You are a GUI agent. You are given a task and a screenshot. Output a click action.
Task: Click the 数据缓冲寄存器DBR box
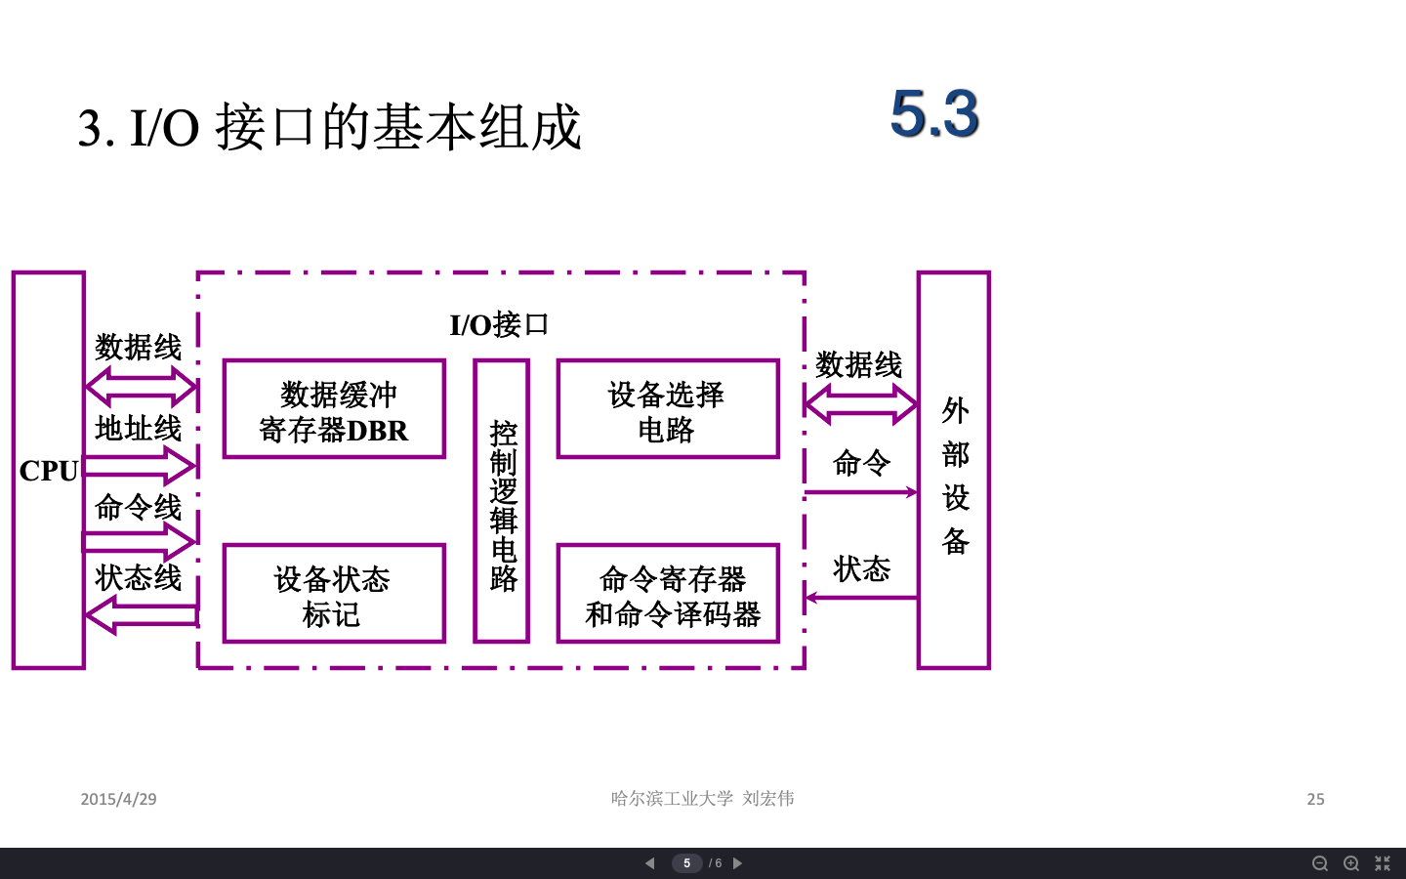coord(334,409)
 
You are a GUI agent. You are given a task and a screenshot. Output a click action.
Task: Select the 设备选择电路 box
coord(668,409)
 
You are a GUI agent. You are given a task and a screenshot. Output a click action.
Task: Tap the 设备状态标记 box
coord(334,594)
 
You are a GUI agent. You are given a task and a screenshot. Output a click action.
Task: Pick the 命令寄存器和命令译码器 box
coord(668,594)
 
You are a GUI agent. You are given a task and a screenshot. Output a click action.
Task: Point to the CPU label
coord(48,471)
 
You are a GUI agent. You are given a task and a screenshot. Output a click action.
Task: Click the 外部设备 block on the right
coord(954,471)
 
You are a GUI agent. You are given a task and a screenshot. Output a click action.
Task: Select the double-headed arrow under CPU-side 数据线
coord(141,387)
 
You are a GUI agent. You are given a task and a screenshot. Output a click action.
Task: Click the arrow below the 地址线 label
coord(141,466)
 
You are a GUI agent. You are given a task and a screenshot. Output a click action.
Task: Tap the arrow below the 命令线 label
coord(141,541)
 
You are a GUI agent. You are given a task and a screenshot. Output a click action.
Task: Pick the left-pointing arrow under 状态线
coord(141,614)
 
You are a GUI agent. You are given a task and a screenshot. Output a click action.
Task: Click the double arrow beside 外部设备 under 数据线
coord(861,403)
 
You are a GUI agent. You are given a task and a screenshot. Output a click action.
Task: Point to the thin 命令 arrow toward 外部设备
coord(861,492)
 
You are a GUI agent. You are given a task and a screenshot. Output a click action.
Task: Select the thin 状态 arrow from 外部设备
coord(861,598)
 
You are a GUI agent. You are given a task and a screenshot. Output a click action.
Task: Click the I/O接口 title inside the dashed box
coord(499,325)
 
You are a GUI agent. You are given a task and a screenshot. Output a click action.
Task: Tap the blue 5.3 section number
coord(934,113)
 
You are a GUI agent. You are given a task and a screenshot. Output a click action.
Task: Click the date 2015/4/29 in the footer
coord(118,799)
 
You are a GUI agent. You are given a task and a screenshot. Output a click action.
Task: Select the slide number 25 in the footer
coord(1315,799)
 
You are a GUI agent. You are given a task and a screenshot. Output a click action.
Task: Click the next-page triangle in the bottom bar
coord(738,863)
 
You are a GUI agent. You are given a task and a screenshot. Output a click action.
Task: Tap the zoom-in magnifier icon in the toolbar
coord(1351,863)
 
